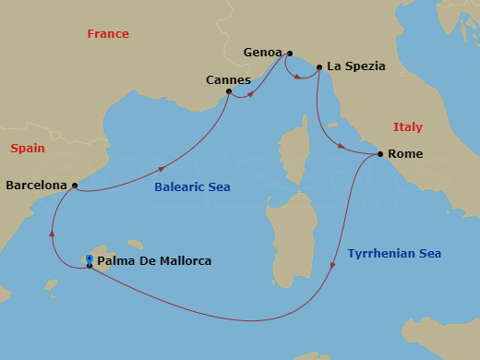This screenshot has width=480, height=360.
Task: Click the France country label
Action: (x=108, y=34)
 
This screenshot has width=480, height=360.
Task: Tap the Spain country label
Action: (x=28, y=148)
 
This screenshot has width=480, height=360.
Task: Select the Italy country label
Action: (x=407, y=127)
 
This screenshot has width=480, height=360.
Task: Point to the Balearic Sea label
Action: (x=194, y=187)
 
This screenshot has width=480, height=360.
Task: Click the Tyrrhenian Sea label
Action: (x=394, y=254)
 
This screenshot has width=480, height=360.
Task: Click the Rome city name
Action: (x=406, y=154)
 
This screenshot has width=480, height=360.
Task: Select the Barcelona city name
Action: (x=36, y=185)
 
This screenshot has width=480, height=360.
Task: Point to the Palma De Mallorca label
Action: (x=154, y=261)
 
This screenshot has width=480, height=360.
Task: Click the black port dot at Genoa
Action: (x=290, y=54)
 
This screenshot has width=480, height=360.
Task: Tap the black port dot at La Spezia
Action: (x=319, y=67)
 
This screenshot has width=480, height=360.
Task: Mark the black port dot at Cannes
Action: (x=229, y=91)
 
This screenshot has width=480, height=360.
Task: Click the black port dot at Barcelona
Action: (x=74, y=186)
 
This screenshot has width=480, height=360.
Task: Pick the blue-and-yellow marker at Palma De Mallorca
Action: (x=89, y=259)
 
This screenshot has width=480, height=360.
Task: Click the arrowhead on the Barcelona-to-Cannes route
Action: (x=163, y=169)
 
